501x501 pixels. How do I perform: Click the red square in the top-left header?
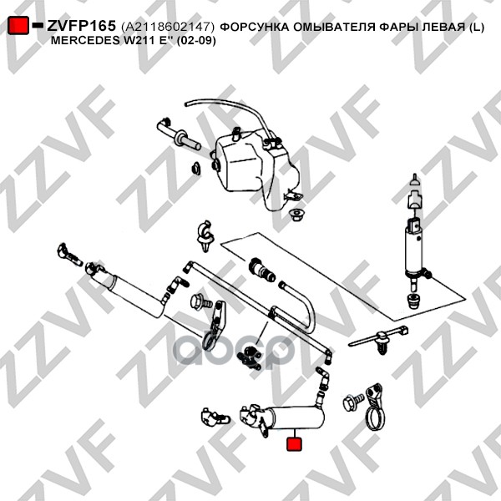click(18, 26)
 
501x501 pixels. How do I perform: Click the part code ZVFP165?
click(81, 26)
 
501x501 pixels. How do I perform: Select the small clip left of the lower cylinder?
click(214, 414)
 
